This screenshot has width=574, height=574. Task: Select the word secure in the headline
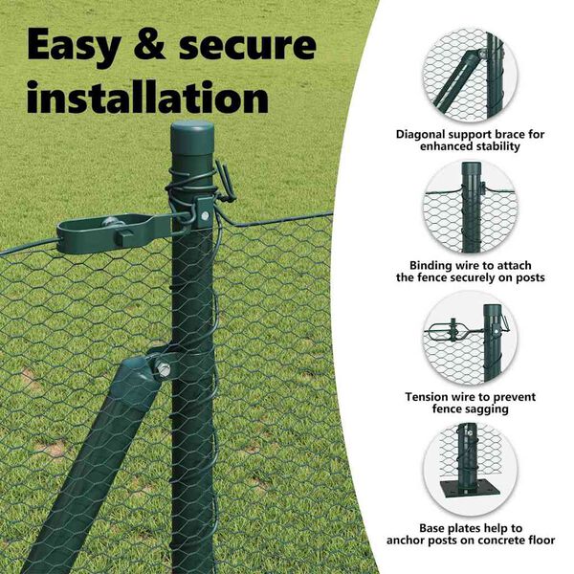(x=248, y=46)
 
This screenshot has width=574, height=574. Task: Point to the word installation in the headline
(x=148, y=96)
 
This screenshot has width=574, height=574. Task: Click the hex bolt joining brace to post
(x=163, y=370)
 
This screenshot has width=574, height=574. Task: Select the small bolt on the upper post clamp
(x=205, y=215)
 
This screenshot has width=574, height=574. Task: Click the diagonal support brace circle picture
(x=470, y=76)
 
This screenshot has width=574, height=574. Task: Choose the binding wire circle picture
(x=470, y=207)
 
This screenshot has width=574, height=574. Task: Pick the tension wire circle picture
(x=470, y=339)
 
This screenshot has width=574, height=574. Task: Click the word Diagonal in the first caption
(x=421, y=134)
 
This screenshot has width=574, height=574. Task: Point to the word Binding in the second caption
(x=430, y=265)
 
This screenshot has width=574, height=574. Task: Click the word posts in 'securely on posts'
(x=530, y=277)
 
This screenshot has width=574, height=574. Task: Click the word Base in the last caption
(x=432, y=528)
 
